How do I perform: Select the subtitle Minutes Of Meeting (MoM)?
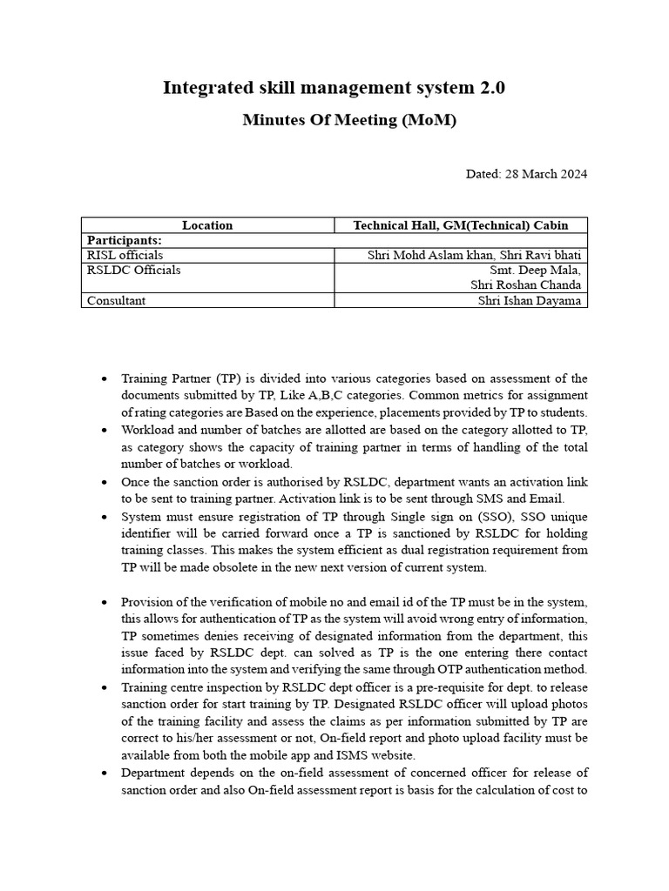(348, 120)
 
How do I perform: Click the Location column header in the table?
(207, 225)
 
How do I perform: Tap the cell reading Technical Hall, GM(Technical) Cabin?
(461, 225)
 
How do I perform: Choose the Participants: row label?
(125, 240)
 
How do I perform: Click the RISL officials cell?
(125, 255)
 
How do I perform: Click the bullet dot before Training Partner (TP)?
(105, 379)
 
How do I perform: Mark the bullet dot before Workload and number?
(105, 430)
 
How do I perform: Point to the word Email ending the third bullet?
(547, 499)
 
